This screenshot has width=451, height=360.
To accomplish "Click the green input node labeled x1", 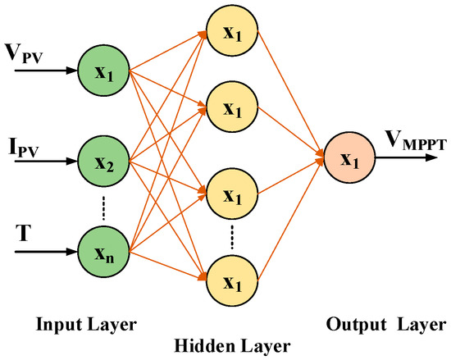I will tap(102, 72).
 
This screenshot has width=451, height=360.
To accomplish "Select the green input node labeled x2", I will tap(102, 162).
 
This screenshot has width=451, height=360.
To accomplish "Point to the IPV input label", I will tap(24, 147).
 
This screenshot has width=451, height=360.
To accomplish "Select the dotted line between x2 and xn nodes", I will tap(102, 207).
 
